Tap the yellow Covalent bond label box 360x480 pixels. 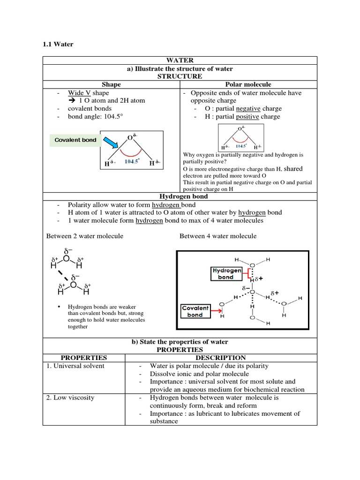pos(75,140)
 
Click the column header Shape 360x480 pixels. pos(111,84)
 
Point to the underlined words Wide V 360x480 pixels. pos(79,93)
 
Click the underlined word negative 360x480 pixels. pos(248,108)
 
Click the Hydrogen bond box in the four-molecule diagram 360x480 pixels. pos(226,274)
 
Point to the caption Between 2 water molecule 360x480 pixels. pos(85,236)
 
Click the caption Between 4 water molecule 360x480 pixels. pos(218,236)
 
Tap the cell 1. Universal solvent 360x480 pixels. pos(76,366)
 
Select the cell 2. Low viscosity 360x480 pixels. pos(70,397)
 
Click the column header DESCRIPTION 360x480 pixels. pos(221,358)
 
